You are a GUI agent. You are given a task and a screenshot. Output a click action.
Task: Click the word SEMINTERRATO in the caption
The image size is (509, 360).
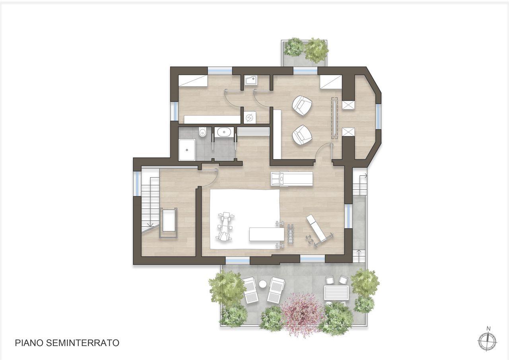click(x=83, y=343)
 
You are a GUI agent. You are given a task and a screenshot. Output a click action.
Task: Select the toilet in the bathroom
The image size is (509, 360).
click(x=202, y=132)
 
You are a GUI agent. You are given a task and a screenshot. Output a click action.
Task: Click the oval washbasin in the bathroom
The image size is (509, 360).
click(x=224, y=132)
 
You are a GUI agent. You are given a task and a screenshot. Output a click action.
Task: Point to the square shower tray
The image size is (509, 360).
click(x=187, y=150)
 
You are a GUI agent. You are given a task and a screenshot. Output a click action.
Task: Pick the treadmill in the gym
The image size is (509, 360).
click(x=292, y=179)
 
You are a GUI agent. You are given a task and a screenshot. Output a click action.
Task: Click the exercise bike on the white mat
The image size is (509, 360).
click(x=225, y=226)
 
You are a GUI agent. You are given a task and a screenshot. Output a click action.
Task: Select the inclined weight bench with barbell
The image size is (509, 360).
click(x=319, y=231)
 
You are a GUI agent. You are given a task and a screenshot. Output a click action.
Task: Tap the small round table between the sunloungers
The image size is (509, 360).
click(x=263, y=284)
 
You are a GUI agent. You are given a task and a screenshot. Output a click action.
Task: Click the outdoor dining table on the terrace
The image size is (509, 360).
click(x=336, y=293)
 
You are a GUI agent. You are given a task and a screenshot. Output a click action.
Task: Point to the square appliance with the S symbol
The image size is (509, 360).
click(x=249, y=117)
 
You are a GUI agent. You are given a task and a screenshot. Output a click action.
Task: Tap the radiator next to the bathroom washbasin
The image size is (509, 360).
click(x=253, y=132)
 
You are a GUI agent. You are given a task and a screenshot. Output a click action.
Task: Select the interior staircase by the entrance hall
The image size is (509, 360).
click(x=150, y=202)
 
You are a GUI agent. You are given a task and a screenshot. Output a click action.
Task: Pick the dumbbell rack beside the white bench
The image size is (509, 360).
click(x=290, y=234)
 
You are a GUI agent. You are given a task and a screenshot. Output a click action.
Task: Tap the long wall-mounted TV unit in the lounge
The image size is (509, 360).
click(x=334, y=118)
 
